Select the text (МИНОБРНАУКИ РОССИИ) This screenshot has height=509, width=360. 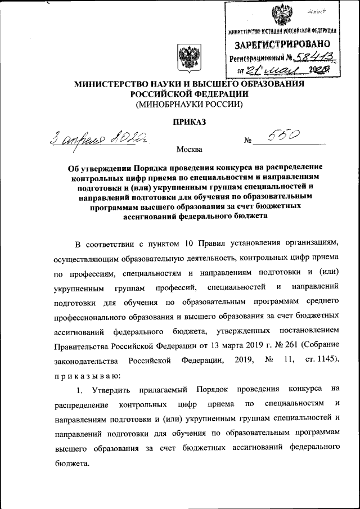[x=189, y=104]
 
